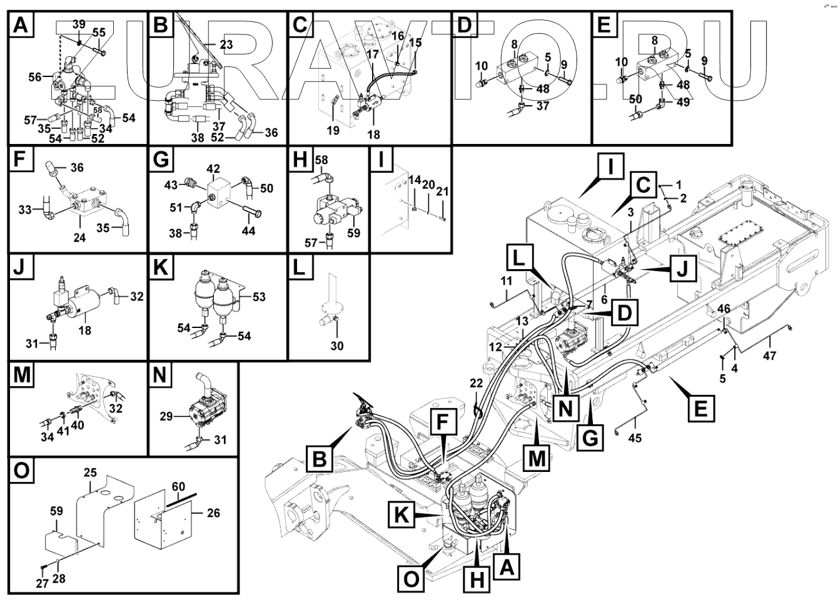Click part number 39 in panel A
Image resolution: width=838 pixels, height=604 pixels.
tap(79, 24)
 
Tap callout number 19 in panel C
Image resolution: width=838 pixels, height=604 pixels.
tap(333, 131)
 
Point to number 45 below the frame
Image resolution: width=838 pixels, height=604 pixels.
tap(635, 439)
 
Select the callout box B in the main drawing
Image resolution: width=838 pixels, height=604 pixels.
tap(320, 458)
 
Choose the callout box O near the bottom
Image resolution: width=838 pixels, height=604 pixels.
tap(411, 578)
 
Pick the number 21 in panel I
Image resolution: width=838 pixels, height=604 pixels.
tap(443, 190)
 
